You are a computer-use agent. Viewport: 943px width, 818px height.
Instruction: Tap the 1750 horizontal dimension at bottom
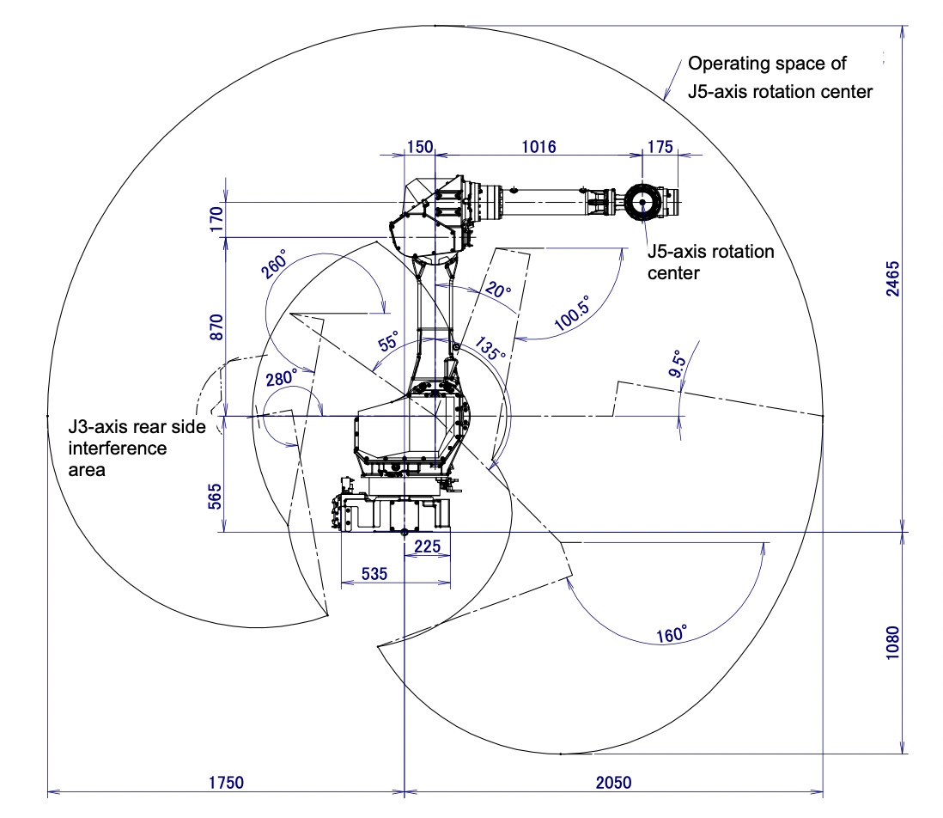tap(225, 782)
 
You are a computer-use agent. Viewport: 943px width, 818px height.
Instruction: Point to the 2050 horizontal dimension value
tap(612, 782)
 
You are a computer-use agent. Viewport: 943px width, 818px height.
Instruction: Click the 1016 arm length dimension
tap(538, 146)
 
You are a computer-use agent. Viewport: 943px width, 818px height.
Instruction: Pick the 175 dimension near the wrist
tap(660, 146)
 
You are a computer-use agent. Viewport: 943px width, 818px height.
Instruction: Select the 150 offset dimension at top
tap(420, 146)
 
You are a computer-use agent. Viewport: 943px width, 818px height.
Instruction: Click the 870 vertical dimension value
tap(216, 327)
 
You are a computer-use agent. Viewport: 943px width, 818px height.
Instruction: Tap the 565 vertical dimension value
tap(216, 497)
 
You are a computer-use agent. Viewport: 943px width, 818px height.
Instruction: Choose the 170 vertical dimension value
tap(216, 216)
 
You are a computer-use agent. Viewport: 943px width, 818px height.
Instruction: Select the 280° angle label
tap(282, 376)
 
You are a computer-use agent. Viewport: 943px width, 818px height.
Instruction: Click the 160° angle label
tap(671, 634)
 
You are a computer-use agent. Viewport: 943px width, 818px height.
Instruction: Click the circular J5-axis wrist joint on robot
tap(642, 203)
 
